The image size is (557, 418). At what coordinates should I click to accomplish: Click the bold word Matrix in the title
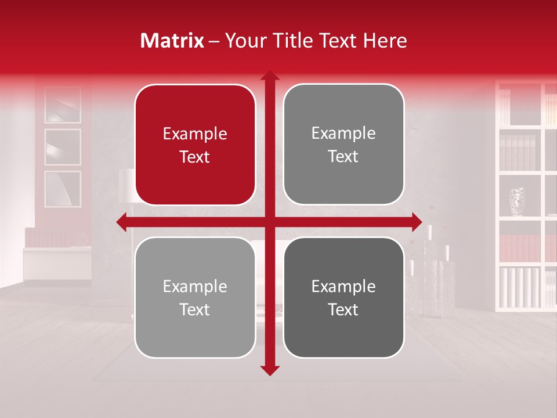point(172,41)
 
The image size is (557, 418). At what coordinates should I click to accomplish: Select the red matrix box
point(195,145)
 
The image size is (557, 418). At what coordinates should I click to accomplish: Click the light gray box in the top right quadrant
point(343,145)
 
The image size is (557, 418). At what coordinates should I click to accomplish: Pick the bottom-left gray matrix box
point(195,297)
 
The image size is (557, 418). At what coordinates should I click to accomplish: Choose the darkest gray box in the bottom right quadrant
point(343,297)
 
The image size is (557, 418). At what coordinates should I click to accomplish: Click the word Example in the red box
point(195,134)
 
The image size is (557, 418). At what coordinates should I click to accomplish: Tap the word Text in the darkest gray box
point(343,309)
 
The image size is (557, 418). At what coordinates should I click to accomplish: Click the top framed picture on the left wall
point(63,106)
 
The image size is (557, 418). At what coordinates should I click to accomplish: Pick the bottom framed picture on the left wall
point(63,189)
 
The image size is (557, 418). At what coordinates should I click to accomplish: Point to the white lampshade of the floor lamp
point(127,186)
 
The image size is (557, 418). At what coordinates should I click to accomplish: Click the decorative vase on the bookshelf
point(516,201)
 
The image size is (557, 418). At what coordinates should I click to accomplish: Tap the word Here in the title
point(385,41)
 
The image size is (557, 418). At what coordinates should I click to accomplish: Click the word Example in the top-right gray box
point(343,134)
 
